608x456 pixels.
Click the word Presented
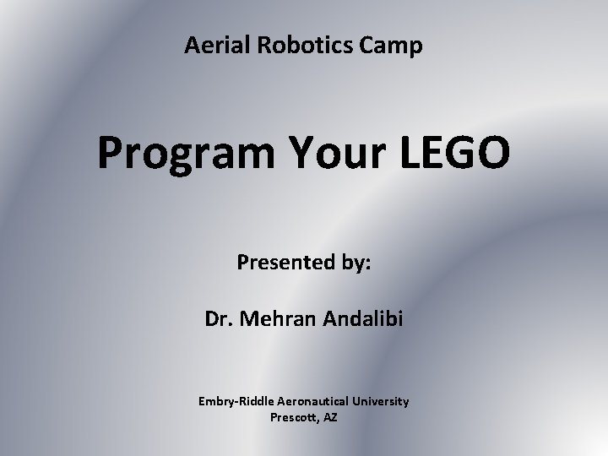(x=286, y=263)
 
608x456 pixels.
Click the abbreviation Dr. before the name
(x=217, y=321)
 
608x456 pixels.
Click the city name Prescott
(x=293, y=416)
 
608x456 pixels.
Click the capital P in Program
(x=110, y=153)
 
